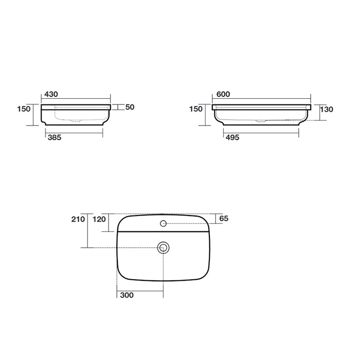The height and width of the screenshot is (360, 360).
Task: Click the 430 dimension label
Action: (x=51, y=94)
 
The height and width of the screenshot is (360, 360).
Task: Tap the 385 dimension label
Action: (x=55, y=137)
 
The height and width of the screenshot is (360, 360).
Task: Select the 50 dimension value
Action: (x=130, y=107)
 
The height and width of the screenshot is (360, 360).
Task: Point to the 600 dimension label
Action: (x=223, y=94)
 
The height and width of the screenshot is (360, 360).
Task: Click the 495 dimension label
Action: (x=232, y=137)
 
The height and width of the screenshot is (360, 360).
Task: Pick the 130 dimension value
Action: (x=327, y=109)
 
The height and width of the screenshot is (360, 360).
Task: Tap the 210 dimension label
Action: (x=78, y=219)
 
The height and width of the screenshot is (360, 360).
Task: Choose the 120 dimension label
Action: (x=99, y=219)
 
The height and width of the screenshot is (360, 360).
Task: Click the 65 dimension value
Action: (x=224, y=219)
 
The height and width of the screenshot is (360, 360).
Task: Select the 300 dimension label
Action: (x=127, y=295)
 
